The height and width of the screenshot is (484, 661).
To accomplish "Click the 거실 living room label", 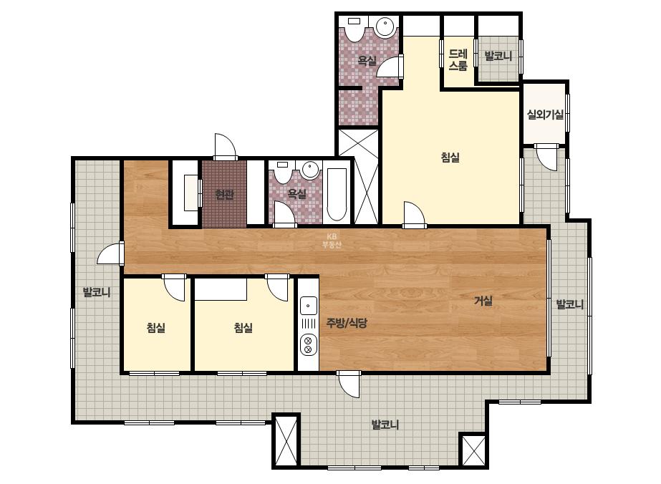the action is [483, 301].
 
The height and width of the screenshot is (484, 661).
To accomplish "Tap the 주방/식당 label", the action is [347, 323].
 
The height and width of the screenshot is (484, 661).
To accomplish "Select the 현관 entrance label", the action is [224, 195].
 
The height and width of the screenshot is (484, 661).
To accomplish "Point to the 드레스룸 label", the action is [458, 60].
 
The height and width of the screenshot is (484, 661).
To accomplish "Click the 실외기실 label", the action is [545, 115].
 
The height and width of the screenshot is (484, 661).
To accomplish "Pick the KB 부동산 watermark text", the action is [332, 241].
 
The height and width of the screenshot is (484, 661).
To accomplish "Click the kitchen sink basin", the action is [308, 305].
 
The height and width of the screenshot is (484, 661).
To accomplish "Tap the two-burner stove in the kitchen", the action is [308, 344].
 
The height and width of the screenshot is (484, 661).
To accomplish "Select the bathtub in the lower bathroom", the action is [337, 194].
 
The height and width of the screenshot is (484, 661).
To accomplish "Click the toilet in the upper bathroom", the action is [354, 28].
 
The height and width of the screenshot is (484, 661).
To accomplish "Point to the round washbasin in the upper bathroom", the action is [385, 27].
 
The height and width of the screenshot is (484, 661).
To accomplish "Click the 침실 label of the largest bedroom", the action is [450, 158].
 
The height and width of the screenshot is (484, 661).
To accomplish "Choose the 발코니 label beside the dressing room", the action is [498, 56].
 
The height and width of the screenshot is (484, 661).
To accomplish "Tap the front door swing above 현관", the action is [226, 147].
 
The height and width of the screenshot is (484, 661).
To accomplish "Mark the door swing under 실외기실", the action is [546, 158].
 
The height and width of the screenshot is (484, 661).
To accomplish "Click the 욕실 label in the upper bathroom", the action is [367, 61].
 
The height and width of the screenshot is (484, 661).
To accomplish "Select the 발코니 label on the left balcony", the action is [97, 291].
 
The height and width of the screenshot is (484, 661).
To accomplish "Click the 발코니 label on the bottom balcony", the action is [385, 425].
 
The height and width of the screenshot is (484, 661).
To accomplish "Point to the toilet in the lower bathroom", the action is [282, 173].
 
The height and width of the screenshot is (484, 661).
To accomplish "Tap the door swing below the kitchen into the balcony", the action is [349, 384].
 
